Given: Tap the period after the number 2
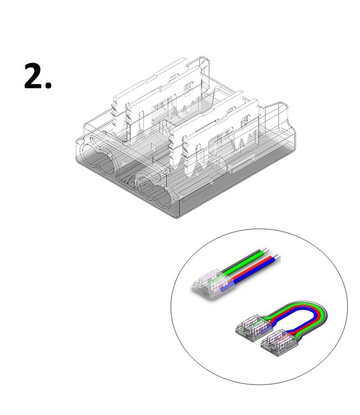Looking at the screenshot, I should coord(49,86).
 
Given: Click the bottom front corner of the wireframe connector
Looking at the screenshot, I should coord(172,214).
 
